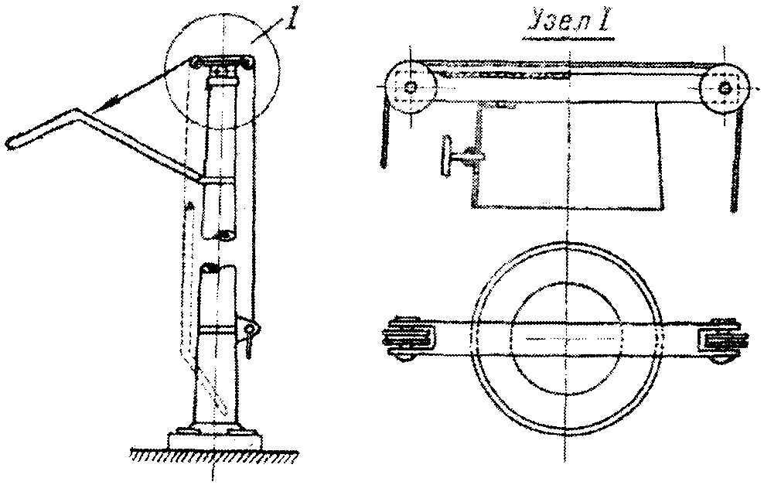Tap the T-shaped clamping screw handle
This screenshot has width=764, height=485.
456,155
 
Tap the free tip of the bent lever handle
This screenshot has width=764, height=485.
9,143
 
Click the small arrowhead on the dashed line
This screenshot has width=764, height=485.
191,207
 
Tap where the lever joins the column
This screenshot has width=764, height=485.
203,179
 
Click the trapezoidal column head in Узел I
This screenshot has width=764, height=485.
568,155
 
